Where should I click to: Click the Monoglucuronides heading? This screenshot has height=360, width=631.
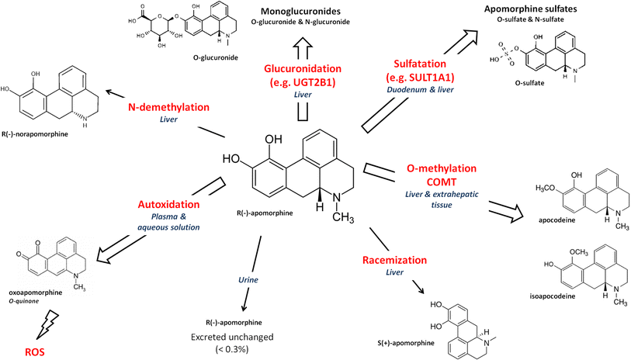pos(303,10)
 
